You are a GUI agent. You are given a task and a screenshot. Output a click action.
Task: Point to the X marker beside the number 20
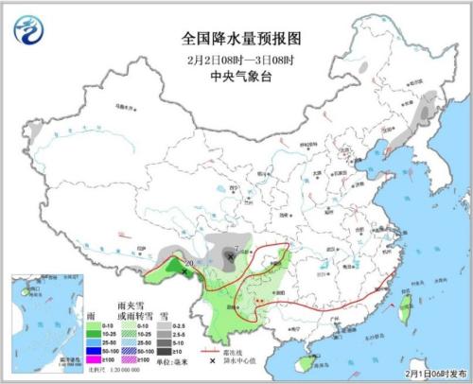(184, 271)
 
